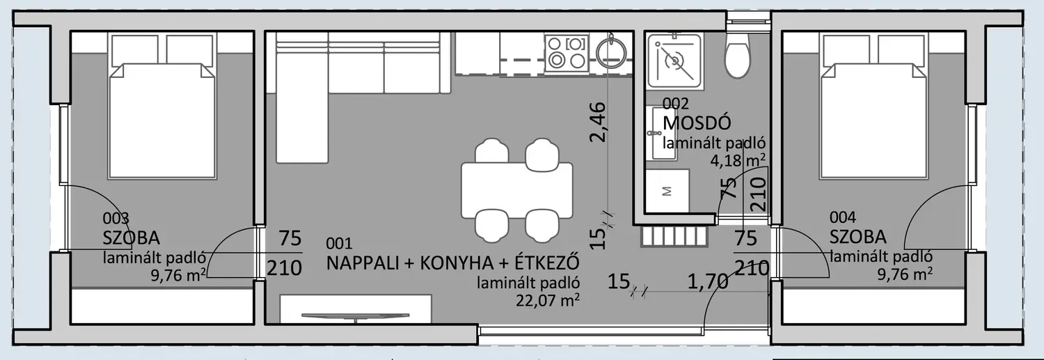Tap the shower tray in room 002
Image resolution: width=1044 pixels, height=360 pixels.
coord(674,61)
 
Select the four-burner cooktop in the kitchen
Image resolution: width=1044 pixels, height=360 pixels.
coord(567,53)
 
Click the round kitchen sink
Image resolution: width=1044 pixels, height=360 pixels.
coord(611,54)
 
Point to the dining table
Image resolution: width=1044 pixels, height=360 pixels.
coord(517,190)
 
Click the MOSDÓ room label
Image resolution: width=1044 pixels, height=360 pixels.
coord(697,123)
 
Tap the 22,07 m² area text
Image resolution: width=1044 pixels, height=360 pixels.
coord(548,300)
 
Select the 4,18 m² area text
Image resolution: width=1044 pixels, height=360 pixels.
coord(737,160)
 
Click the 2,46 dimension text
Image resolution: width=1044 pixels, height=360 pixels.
coord(598,122)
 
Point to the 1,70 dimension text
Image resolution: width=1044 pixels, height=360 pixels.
coord(708,281)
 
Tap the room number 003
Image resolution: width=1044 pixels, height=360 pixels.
coord(116,218)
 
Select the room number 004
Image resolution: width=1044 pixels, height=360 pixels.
coord(843,217)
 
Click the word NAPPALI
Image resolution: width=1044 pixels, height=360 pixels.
coord(363,263)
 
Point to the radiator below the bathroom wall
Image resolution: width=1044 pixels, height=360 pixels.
coord(674,237)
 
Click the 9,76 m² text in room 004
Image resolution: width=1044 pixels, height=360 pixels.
coord(905,274)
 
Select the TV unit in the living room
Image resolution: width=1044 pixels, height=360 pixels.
coord(356,308)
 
